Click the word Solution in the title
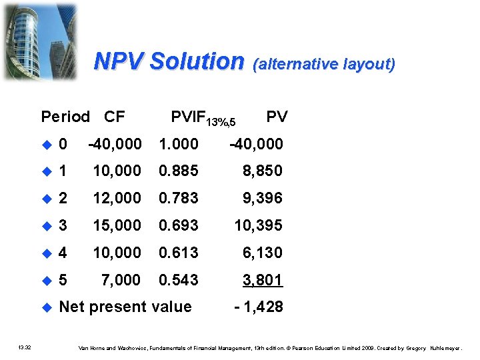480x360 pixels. (x=197, y=61)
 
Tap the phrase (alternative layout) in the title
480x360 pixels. (x=324, y=64)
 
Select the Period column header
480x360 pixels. (x=65, y=117)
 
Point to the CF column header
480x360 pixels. (x=115, y=117)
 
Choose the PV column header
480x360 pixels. (x=277, y=117)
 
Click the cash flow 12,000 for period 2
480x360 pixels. (x=117, y=198)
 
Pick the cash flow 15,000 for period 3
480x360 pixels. (x=117, y=225)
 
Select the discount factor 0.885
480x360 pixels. (x=178, y=171)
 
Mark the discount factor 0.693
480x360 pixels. (x=178, y=225)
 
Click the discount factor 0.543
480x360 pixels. (x=178, y=280)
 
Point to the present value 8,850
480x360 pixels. (x=263, y=171)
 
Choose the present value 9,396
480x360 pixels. (x=263, y=198)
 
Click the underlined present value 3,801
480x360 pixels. (x=263, y=280)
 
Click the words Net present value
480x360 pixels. (x=125, y=307)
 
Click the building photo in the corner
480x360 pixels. (x=40, y=40)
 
